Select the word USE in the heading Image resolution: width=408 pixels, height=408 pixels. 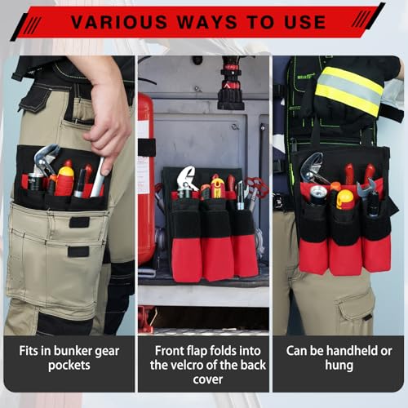(x=318, y=21)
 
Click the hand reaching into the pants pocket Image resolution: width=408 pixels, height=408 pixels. (x=105, y=114)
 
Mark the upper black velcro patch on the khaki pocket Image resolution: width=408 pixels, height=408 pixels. (x=79, y=222)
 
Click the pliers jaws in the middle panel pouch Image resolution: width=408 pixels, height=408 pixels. (x=187, y=179)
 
